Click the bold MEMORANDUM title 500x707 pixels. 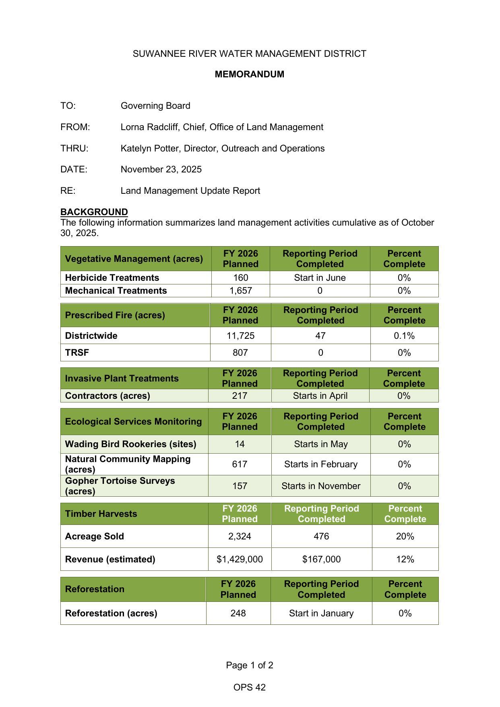(x=249, y=74)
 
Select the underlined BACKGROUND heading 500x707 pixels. (x=94, y=212)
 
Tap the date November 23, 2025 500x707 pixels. (x=161, y=169)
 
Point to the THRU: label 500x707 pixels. (x=74, y=148)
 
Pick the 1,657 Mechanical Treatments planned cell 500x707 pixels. (x=240, y=290)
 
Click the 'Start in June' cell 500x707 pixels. (x=320, y=278)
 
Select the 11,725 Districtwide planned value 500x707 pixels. (x=240, y=336)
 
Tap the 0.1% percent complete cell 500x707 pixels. (x=404, y=336)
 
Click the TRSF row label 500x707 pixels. (x=77, y=352)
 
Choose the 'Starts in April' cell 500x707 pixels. (x=320, y=396)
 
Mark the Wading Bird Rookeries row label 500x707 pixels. (x=130, y=444)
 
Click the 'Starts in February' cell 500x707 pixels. (x=320, y=464)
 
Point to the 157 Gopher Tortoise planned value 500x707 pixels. (x=240, y=486)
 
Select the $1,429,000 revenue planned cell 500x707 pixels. (x=240, y=559)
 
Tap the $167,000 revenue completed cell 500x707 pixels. (x=321, y=559)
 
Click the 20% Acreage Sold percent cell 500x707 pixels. (x=405, y=536)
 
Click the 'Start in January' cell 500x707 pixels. (x=321, y=613)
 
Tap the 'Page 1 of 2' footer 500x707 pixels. (x=249, y=665)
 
